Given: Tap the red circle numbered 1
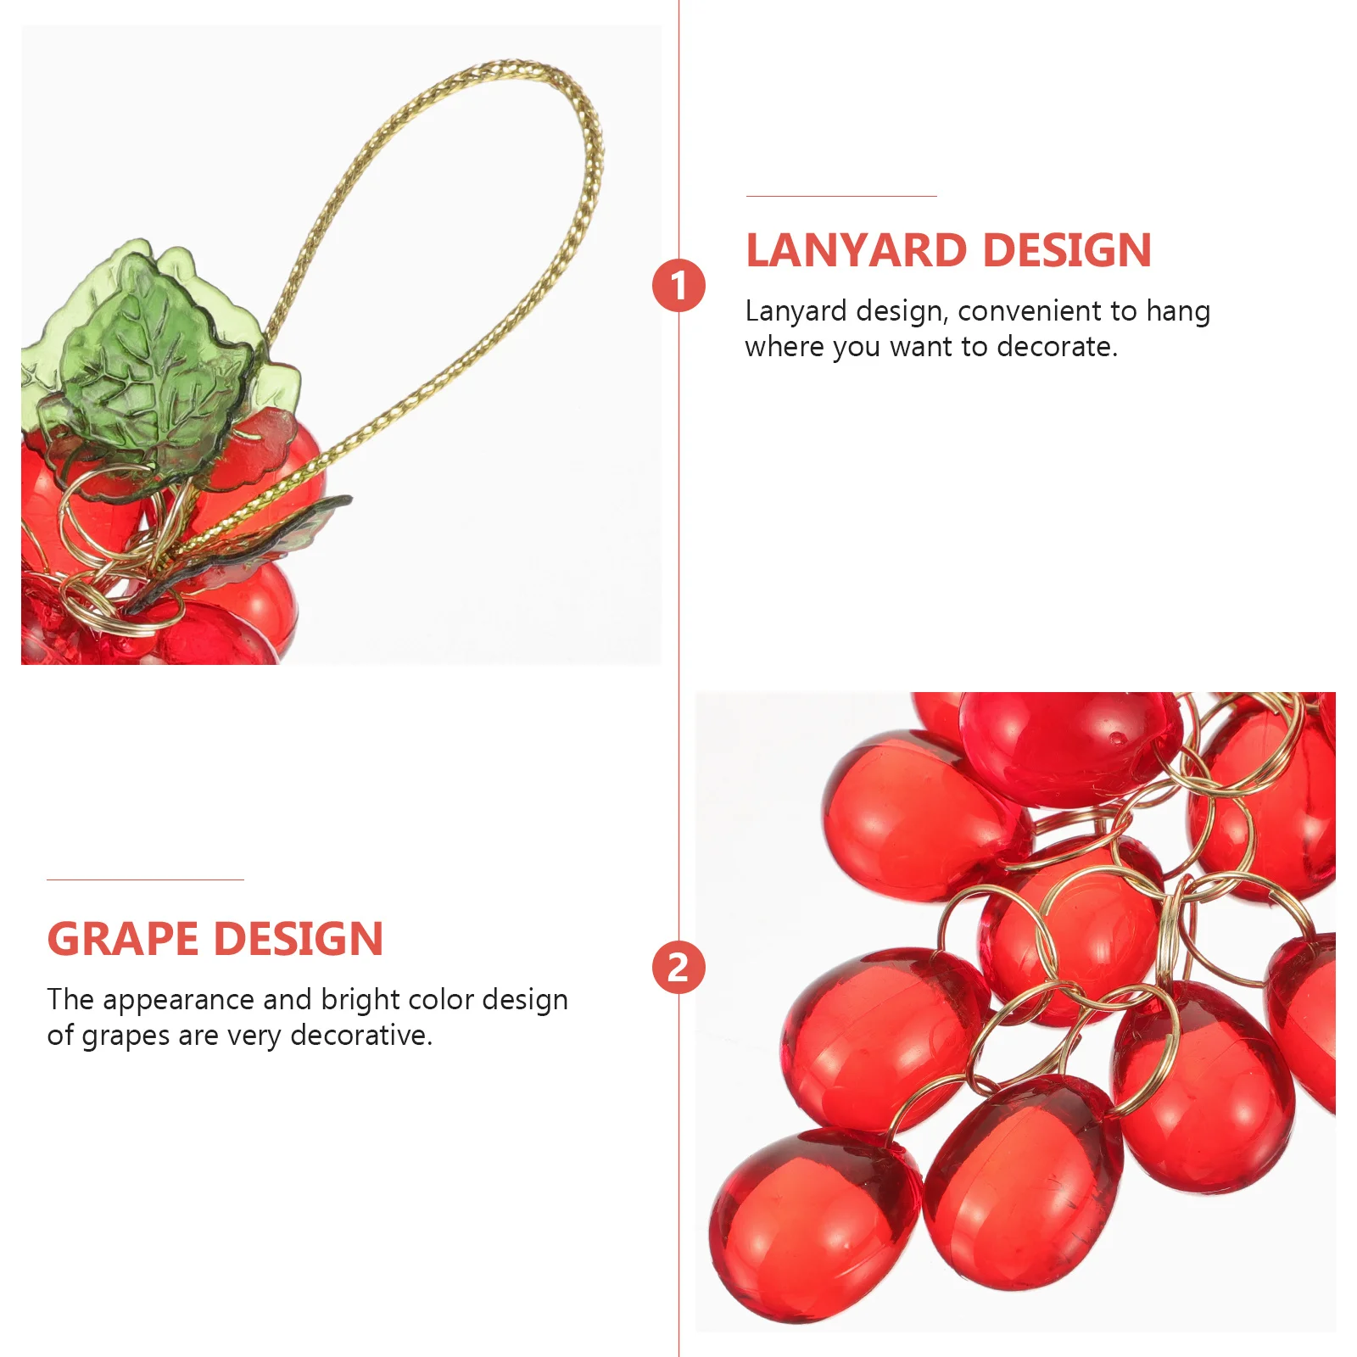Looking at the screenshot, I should [678, 286].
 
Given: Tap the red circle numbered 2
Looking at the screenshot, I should [678, 968].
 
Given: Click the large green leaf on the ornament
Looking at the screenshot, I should [157, 365].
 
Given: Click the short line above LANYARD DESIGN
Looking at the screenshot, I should [841, 197].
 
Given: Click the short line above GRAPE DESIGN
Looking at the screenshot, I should [145, 880].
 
